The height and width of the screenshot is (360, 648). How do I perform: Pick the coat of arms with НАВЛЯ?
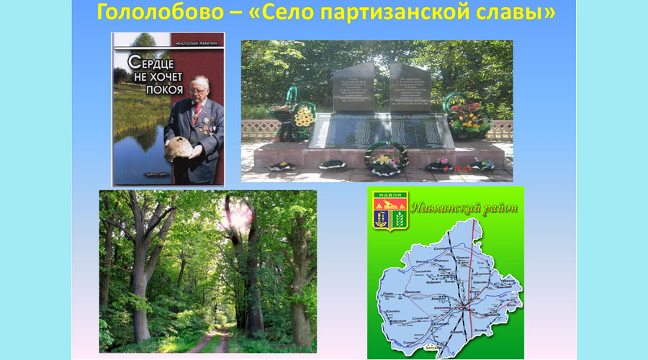[x=390, y=211]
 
